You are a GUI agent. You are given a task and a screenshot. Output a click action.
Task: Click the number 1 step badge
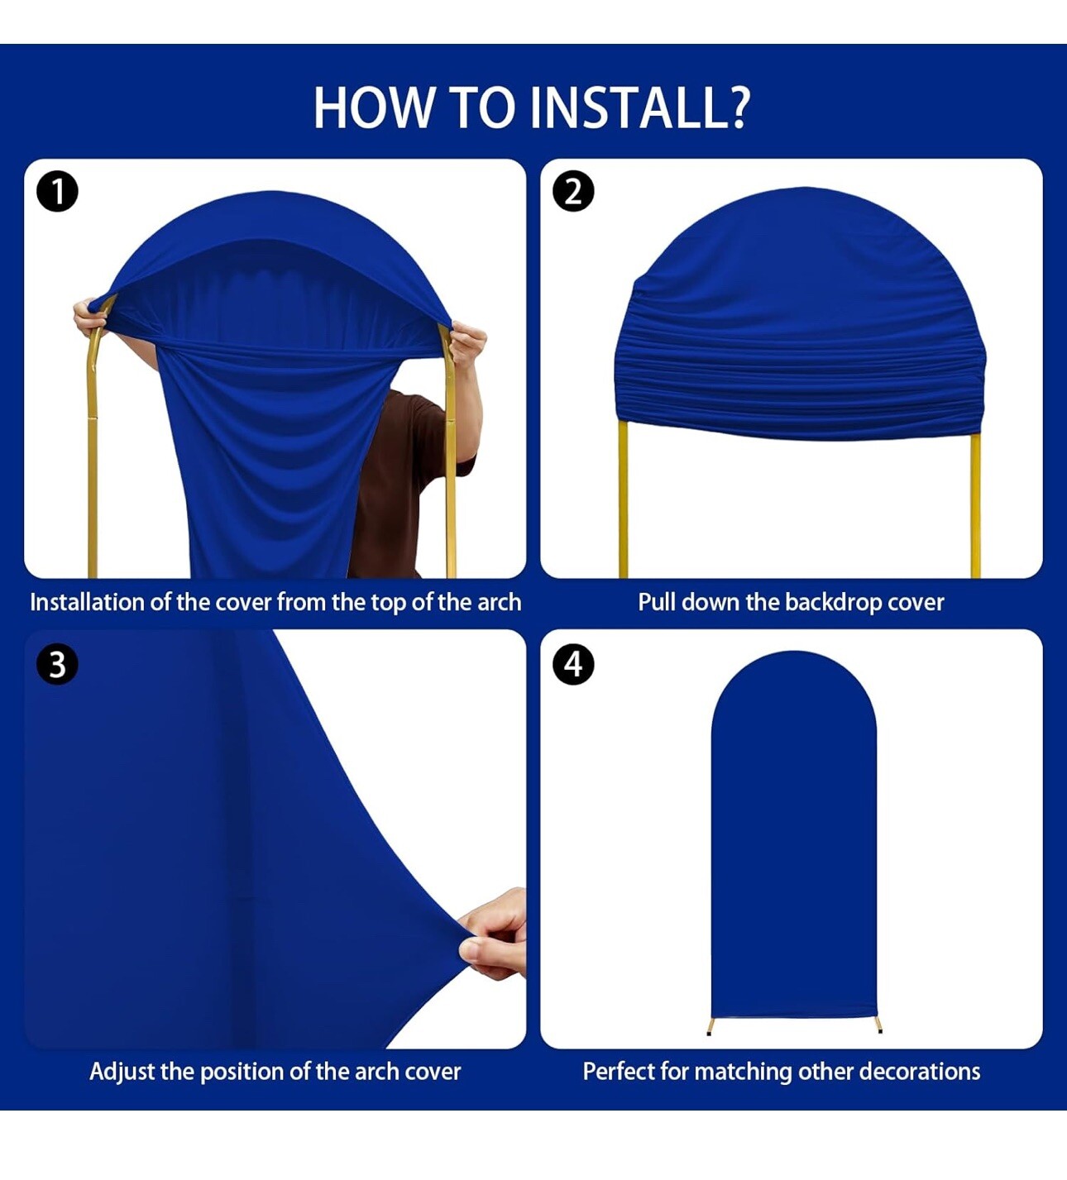tap(57, 192)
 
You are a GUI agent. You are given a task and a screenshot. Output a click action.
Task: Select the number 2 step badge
tap(573, 192)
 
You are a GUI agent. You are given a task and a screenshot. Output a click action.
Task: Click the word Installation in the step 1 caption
tap(87, 602)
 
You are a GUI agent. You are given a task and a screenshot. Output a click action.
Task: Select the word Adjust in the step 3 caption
tap(122, 1072)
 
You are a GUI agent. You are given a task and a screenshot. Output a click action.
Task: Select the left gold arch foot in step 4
tap(710, 1026)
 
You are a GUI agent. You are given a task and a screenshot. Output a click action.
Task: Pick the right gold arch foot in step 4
tap(878, 1026)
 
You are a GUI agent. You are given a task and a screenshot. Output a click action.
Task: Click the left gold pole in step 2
tap(623, 500)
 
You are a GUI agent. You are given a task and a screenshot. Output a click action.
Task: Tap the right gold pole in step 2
tap(975, 506)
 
